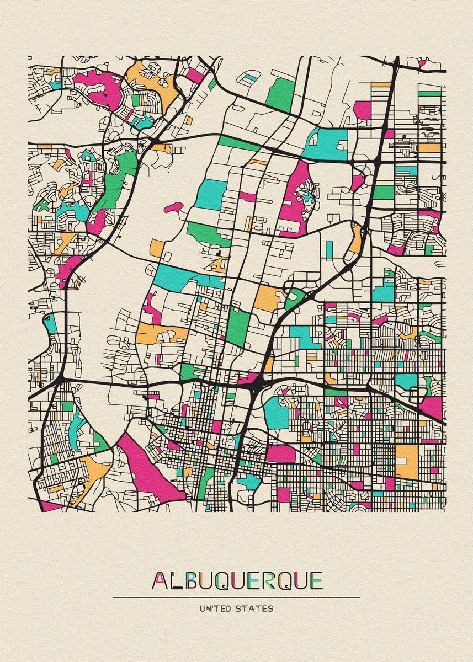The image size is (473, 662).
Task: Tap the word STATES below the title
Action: tap(254, 609)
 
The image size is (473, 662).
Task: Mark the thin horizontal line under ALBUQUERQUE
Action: tap(236, 597)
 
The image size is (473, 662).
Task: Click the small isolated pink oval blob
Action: tap(173, 207)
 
